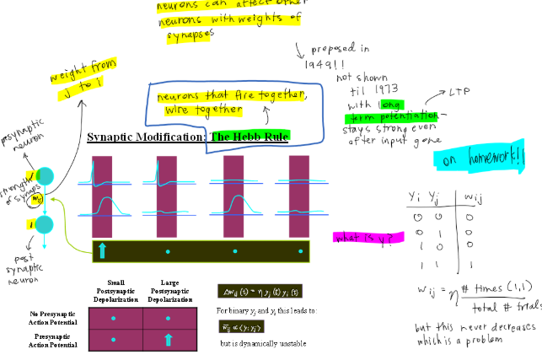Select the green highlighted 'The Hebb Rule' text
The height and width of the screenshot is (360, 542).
click(x=250, y=137)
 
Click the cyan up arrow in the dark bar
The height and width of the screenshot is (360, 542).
click(x=103, y=250)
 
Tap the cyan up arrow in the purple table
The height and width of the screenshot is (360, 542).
click(x=167, y=339)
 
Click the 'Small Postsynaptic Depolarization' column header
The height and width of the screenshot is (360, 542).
click(x=118, y=291)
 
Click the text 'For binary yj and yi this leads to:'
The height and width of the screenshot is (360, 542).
click(x=266, y=311)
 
